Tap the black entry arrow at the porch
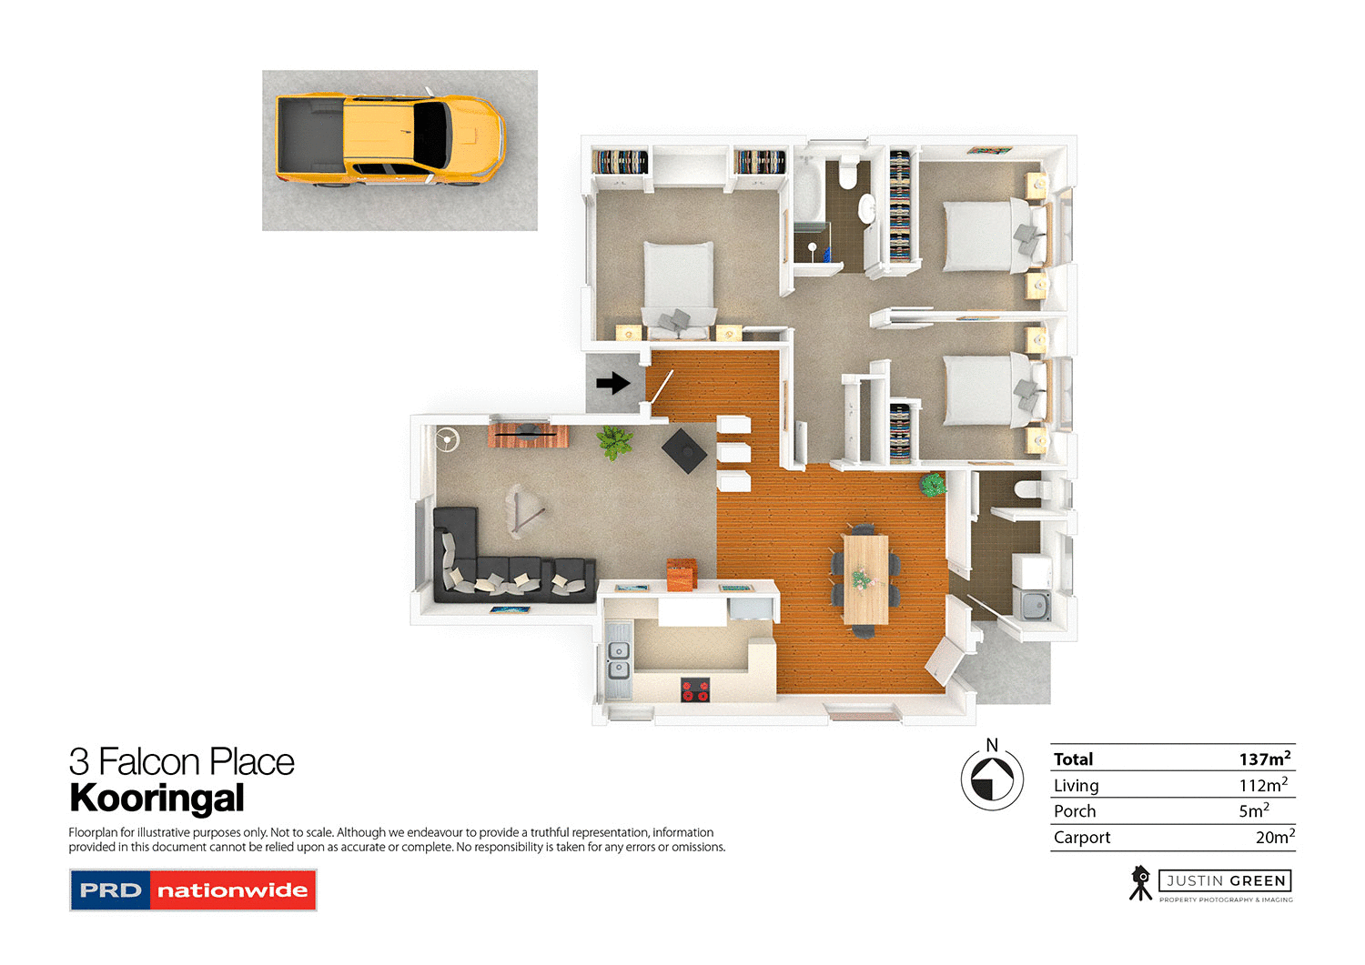point(613,383)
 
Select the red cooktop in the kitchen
point(695,690)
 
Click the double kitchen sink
point(618,660)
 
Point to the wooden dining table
point(864,578)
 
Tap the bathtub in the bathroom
point(807,190)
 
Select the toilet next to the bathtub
point(848,171)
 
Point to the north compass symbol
point(992,778)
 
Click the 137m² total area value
point(1264,759)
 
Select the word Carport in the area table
point(1082,838)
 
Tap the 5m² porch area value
point(1253,811)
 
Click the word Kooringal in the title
point(157,799)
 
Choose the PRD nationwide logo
point(193,890)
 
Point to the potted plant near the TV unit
point(614,442)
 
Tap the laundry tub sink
point(1033,605)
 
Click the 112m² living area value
point(1263,785)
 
